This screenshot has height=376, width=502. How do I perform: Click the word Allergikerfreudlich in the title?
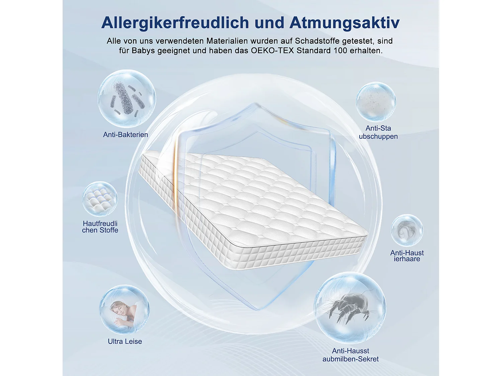175,23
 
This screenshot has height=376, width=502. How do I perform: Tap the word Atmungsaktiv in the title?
344,23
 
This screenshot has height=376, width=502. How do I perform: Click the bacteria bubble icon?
127,98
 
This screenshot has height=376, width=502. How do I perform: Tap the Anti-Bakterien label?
125,135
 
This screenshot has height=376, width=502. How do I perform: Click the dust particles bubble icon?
376,102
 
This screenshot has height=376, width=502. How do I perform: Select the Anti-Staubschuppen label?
378,132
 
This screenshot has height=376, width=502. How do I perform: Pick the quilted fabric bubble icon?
100,199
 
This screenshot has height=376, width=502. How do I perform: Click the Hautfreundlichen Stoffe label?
100,227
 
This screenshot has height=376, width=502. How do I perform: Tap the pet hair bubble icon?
407,230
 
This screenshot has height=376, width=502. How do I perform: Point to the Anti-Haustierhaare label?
407,256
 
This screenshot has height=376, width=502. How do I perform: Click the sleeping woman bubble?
124,309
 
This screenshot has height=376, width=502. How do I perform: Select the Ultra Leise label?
125,342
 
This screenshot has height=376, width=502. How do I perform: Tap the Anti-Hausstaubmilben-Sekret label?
350,355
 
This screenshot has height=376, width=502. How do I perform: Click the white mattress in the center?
254,207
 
